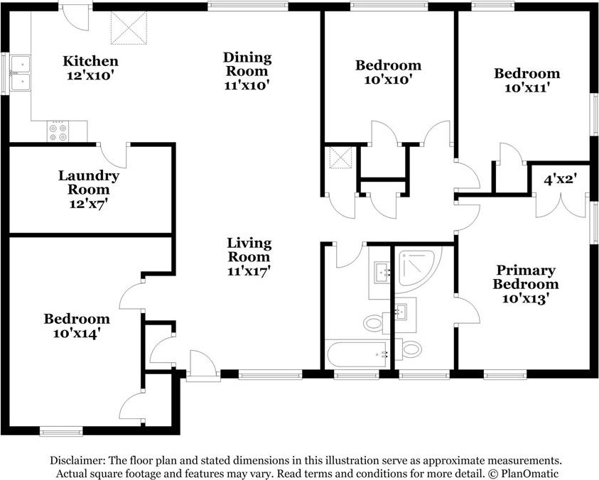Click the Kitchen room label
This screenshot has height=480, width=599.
coord(90,61)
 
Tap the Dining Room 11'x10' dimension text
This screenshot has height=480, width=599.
coord(247,85)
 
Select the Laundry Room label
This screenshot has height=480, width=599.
coord(89,182)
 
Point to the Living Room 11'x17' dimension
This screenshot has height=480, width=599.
coord(249,271)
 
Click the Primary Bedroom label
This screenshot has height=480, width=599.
coord(525,277)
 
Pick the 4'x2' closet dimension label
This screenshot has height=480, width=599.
coord(560,178)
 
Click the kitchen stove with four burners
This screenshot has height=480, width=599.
coord(58,131)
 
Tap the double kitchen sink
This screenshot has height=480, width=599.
coord(20,73)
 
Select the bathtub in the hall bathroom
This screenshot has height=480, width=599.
coord(358,354)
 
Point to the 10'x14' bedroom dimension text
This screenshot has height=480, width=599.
coord(77,333)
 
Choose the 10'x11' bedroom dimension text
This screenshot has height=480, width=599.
coord(527,88)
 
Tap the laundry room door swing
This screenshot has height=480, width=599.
coord(113,156)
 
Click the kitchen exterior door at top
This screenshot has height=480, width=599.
coord(75,17)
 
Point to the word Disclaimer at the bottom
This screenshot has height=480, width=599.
coord(78,461)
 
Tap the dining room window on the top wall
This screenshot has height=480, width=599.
coord(248,6)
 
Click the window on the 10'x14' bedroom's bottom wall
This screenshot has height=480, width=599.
coord(61,431)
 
